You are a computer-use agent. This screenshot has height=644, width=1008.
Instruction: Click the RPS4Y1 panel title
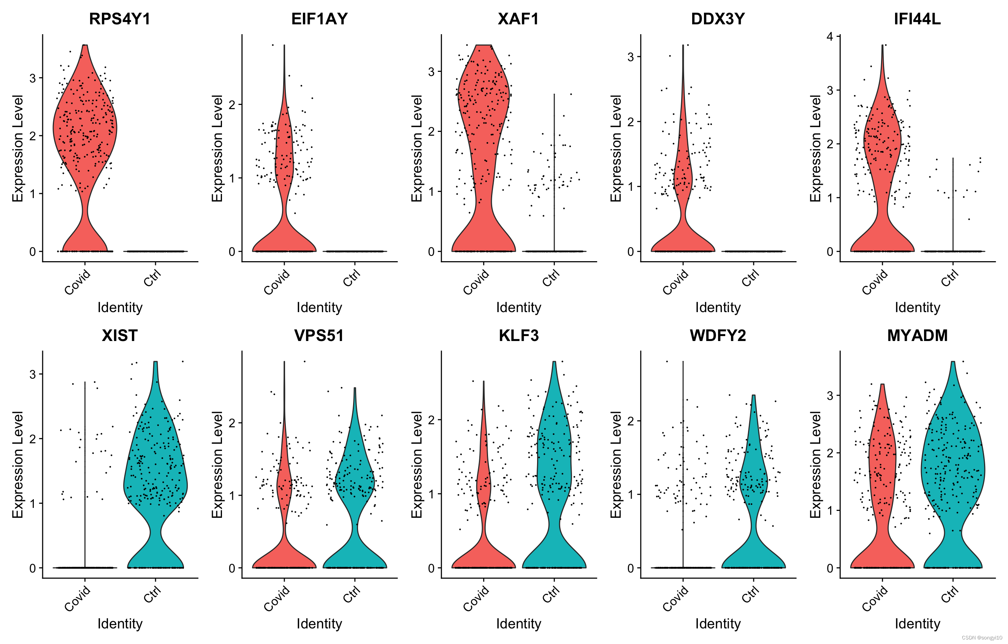coord(120,19)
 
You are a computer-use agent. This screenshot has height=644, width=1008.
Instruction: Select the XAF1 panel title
coord(518,19)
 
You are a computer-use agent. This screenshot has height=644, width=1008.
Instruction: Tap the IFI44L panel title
coord(917,19)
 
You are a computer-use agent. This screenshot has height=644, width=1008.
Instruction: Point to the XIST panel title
coord(120,335)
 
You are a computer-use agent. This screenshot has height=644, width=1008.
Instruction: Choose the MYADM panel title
coord(917,335)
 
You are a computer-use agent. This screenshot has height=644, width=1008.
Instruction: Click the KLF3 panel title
coord(518,335)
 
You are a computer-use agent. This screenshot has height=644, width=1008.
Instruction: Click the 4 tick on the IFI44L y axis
coord(830,37)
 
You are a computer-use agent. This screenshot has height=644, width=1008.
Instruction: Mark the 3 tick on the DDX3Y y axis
coord(631,57)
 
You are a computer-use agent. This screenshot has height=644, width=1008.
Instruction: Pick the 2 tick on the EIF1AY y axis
coord(232,105)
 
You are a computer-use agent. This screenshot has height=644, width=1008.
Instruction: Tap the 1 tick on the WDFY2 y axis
coord(631,495)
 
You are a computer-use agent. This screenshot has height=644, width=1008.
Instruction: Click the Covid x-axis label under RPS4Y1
coord(78,282)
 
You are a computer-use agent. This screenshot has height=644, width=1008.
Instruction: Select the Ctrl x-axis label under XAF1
coord(551,278)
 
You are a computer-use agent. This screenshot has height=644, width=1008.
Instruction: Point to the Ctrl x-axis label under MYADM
coord(949,595)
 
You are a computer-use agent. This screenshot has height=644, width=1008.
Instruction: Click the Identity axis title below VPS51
coord(319,623)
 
